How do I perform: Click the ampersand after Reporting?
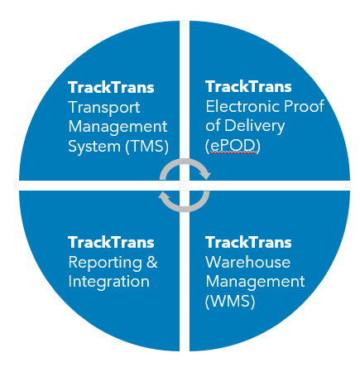click(151, 262)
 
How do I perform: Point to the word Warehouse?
click(247, 262)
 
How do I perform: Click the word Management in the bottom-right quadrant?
click(255, 282)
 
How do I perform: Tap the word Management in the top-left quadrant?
click(118, 128)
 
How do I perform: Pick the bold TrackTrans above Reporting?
click(111, 242)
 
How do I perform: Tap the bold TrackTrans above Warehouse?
click(248, 242)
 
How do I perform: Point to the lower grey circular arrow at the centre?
click(185, 201)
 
